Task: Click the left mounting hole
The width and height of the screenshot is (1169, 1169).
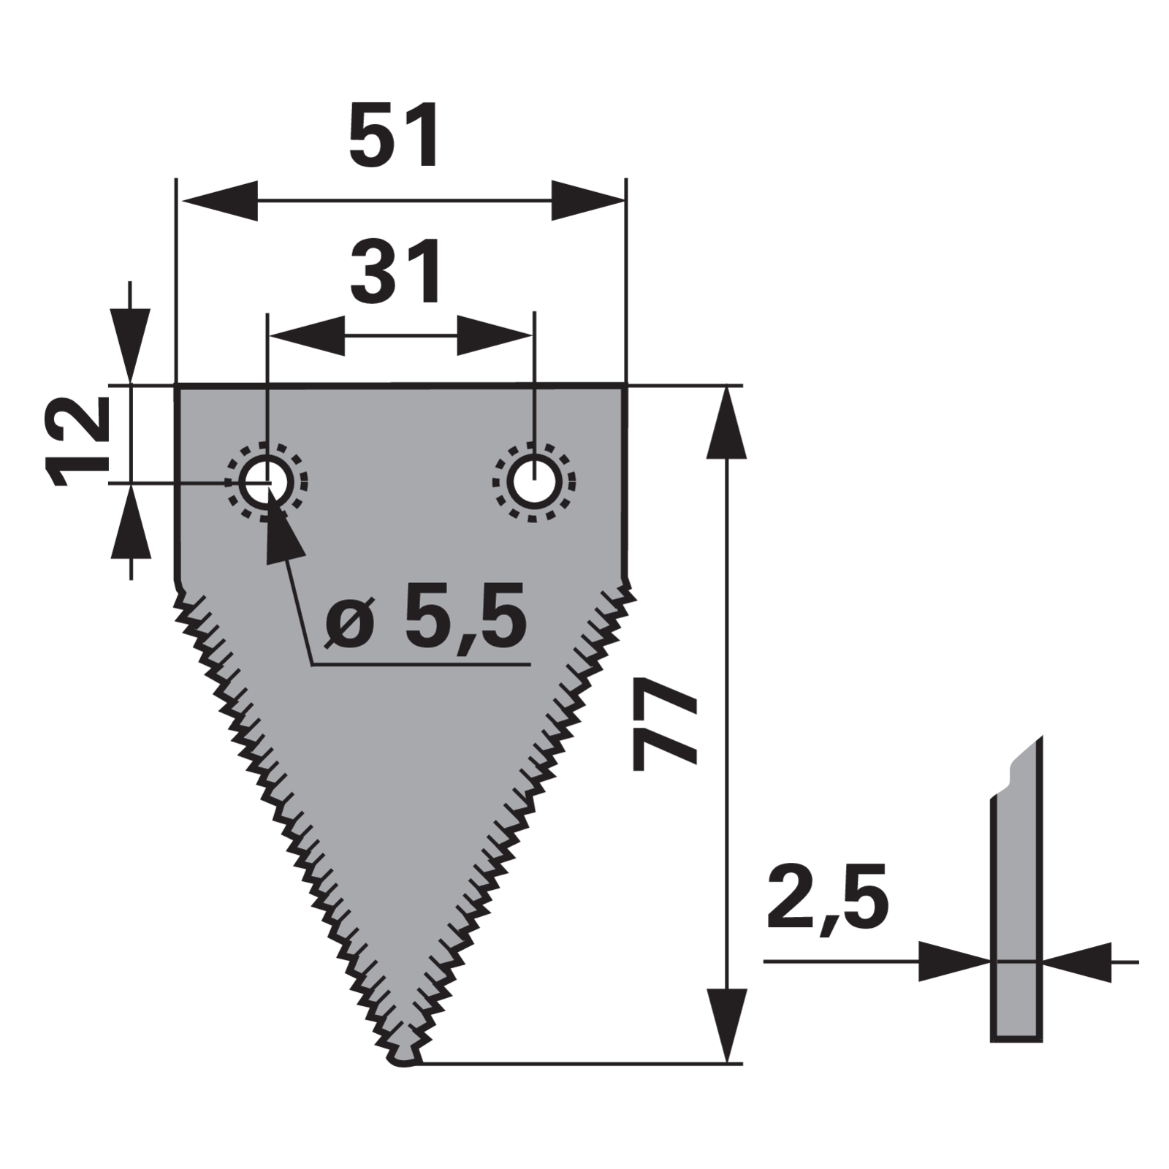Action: tap(267, 482)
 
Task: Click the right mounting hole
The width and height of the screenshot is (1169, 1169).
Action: tap(535, 482)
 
